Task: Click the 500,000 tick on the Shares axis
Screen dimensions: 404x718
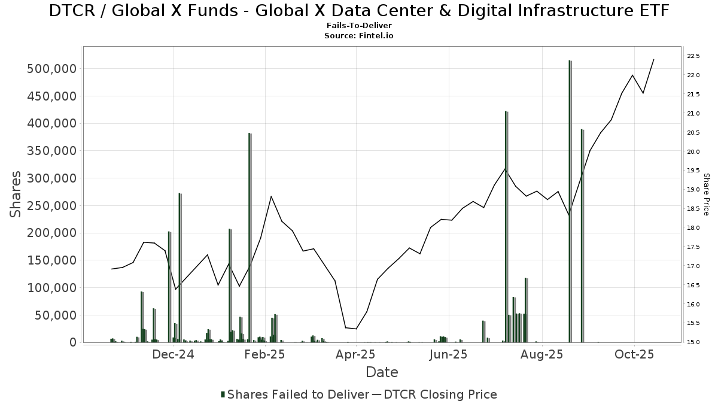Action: click(x=52, y=69)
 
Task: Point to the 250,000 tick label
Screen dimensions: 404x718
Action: click(x=52, y=206)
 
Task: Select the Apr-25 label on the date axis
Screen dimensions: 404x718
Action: click(x=356, y=354)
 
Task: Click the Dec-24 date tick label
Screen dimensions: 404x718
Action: click(x=174, y=354)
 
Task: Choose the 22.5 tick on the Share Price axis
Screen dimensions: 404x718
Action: click(x=693, y=56)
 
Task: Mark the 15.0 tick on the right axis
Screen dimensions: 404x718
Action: click(x=693, y=342)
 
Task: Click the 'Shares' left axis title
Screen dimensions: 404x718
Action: click(x=16, y=195)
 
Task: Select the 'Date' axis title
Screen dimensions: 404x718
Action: click(x=382, y=372)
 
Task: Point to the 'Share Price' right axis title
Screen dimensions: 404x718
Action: click(x=706, y=195)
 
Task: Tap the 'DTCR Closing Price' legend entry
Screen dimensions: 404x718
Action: click(x=440, y=394)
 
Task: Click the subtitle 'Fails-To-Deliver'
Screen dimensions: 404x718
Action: click(x=359, y=26)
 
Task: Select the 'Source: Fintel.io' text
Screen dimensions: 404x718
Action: click(x=359, y=36)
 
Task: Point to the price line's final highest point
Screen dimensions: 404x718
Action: click(x=653, y=59)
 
